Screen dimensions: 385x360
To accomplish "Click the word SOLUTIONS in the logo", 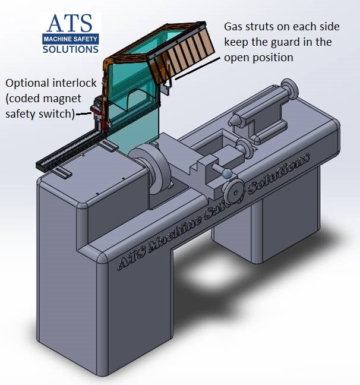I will coord(70,49).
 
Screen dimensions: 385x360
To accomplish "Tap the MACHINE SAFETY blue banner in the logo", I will coord(70,39).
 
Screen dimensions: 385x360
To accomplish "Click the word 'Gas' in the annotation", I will coord(234,28).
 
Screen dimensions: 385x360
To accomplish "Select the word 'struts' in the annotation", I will coord(264,28).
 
